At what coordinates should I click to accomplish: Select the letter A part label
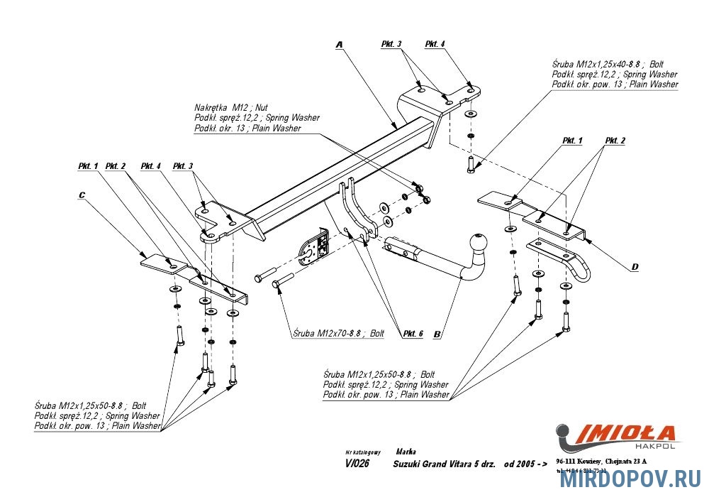click(340, 44)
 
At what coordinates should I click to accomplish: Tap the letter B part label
click(437, 334)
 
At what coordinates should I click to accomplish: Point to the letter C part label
click(82, 194)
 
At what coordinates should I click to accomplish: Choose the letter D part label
click(635, 266)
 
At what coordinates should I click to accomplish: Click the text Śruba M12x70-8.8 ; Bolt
click(337, 333)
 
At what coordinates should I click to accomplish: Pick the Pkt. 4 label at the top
click(435, 44)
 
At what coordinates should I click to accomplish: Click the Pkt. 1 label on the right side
click(572, 141)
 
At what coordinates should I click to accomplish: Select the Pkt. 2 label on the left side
click(116, 166)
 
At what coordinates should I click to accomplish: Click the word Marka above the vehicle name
click(406, 452)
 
